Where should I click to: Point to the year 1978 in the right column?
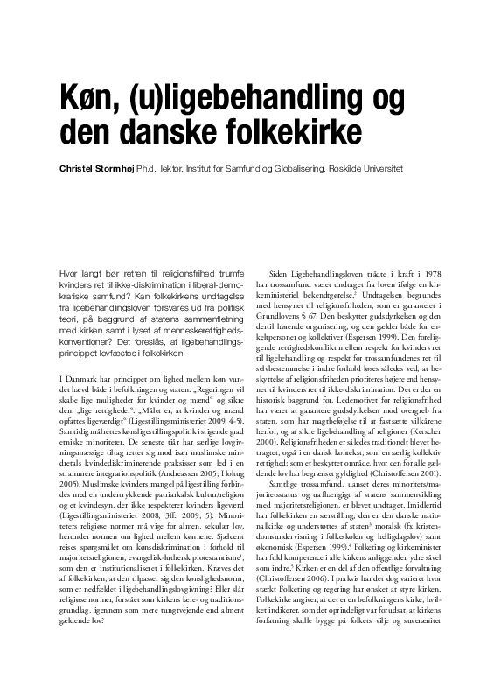(x=435, y=276)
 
